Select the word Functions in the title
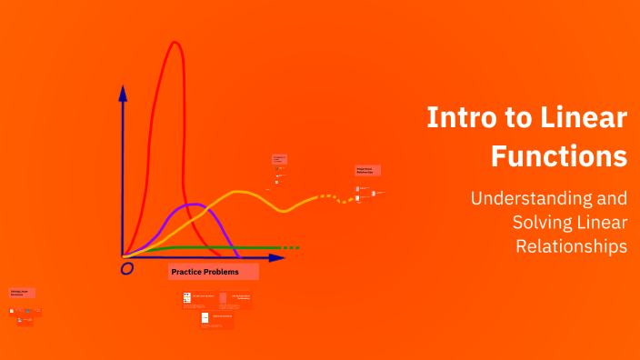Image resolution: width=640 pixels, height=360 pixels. click(x=559, y=155)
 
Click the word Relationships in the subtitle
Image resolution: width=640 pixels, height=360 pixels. click(x=572, y=245)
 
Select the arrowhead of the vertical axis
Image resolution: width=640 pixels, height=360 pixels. click(x=123, y=92)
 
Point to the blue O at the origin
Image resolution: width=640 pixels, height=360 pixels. click(x=127, y=268)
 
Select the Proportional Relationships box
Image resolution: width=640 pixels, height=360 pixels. click(x=367, y=170)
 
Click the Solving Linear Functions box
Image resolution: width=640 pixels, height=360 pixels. click(x=22, y=293)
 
